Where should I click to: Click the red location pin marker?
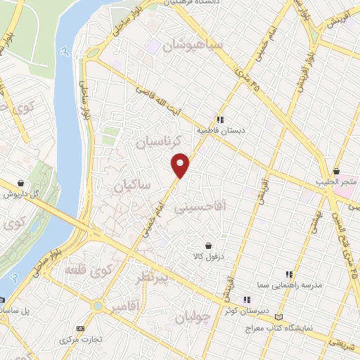pyautogui.click(x=181, y=165)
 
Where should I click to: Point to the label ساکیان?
pyautogui.click(x=129, y=185)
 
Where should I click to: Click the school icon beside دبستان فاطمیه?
pyautogui.click(x=220, y=120)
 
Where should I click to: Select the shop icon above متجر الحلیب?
pyautogui.click(x=337, y=171)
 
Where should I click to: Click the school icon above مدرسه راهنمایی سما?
pyautogui.click(x=288, y=274)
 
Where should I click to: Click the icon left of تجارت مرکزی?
pyautogui.click(x=79, y=328)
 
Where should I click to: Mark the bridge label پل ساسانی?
pyautogui.click(x=15, y=309)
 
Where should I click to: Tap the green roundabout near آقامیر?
pyautogui.click(x=96, y=307)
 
